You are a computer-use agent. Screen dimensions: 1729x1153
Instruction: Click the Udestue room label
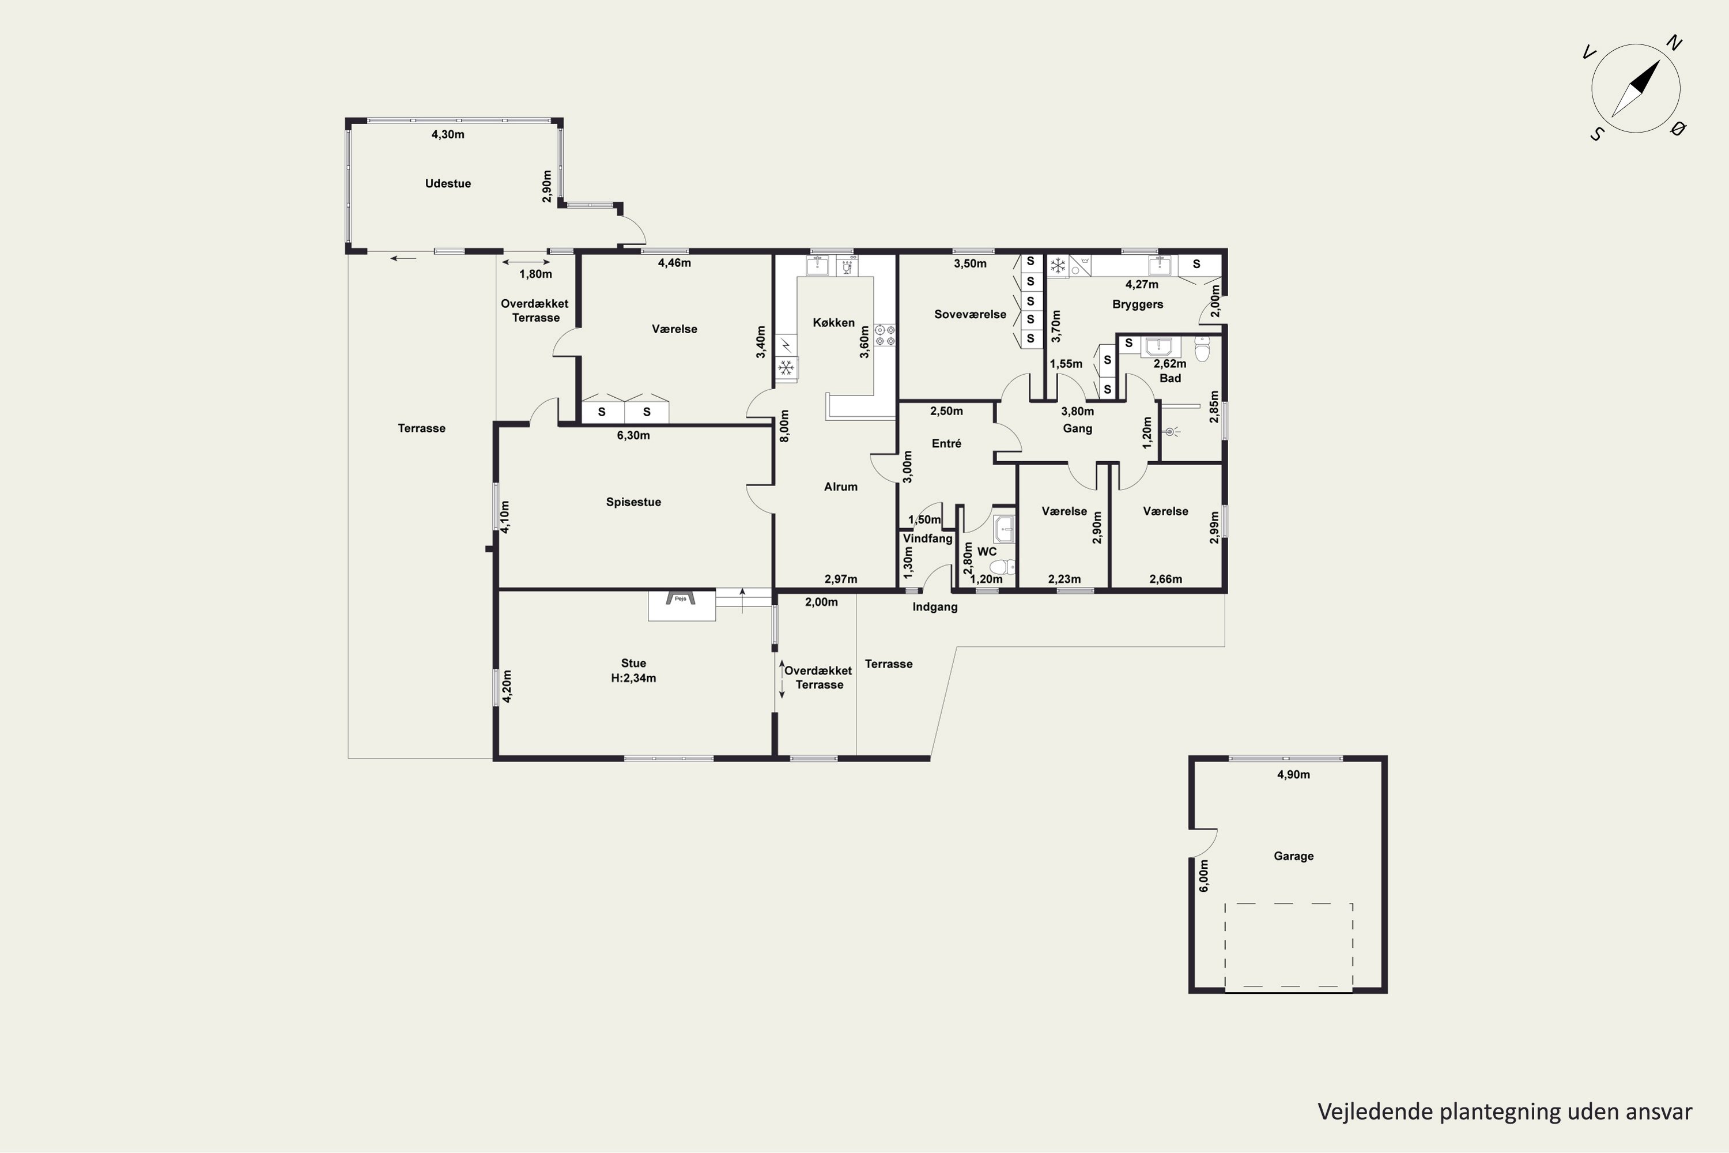448,184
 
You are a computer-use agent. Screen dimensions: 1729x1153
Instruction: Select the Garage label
1293,856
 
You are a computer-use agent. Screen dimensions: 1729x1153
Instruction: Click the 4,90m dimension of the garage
1293,774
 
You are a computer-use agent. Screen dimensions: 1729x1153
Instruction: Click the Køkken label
833,323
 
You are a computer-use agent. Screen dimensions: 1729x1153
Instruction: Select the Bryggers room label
1137,304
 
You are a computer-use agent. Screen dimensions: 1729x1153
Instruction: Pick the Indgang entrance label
934,606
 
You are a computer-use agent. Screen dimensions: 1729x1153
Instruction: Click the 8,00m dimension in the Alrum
784,426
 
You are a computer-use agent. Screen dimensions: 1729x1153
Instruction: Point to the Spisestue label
633,502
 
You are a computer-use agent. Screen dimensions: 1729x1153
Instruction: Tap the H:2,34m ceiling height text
633,678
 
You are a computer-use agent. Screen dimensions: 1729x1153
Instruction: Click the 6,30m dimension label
633,435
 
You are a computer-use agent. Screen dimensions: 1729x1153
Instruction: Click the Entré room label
946,443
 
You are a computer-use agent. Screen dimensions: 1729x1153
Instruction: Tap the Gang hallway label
1077,429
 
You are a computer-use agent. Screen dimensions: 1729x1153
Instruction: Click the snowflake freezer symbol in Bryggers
1058,265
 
